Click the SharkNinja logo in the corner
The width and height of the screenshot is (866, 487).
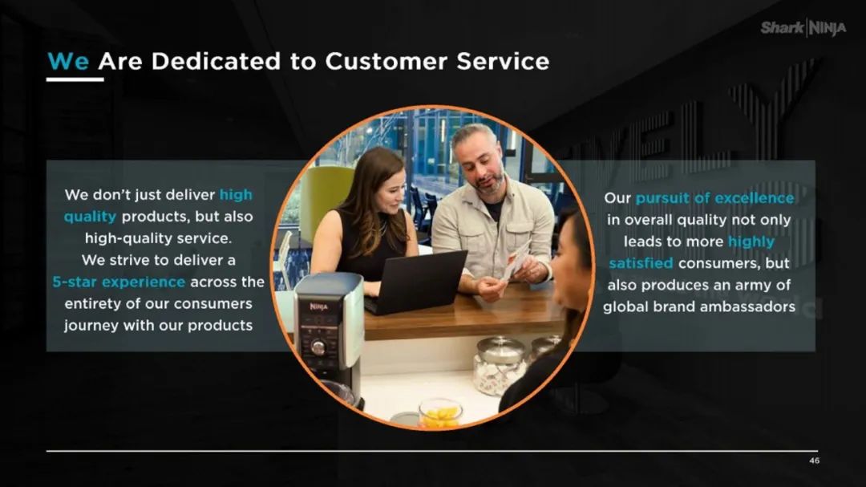803,27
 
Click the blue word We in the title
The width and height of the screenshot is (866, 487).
68,61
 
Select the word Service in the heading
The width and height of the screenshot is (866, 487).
503,61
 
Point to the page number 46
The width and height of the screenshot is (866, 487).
814,461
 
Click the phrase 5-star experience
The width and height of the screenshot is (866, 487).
119,282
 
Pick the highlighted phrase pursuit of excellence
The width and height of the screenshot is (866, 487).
714,198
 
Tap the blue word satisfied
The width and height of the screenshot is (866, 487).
641,263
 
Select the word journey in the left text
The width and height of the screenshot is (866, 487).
91,326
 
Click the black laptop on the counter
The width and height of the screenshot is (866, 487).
415,282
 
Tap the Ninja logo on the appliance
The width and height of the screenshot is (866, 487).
318,306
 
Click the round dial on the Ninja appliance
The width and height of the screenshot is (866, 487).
318,347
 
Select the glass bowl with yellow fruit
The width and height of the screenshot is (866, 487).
440,413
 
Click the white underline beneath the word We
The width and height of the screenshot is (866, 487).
75,79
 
